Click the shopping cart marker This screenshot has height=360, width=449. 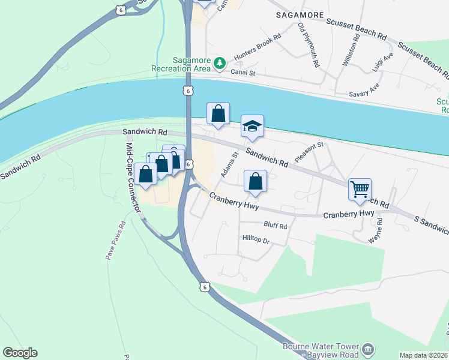point(360,190)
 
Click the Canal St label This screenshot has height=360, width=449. point(244,73)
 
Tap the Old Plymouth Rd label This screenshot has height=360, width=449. point(309,44)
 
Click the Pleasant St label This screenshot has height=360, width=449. point(309,153)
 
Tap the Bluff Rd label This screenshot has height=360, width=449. point(276,227)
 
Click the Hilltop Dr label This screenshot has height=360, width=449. point(256,239)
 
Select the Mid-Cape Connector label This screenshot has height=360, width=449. point(134,178)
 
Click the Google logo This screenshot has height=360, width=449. point(20,353)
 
